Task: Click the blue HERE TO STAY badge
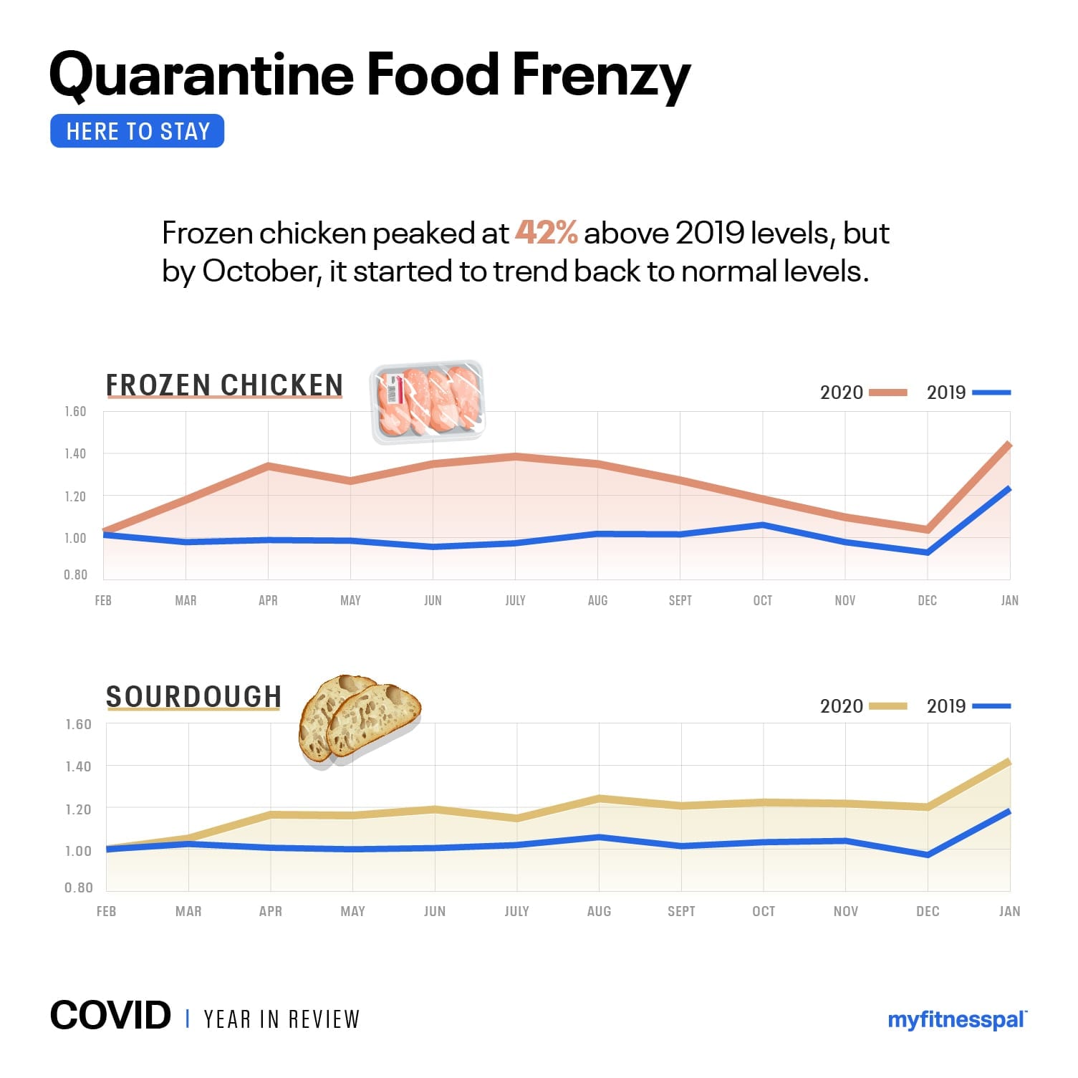pos(137,131)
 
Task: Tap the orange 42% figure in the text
pos(546,233)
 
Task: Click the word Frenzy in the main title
pos(601,76)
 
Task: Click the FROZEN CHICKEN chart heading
pos(224,385)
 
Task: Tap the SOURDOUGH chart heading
pos(193,697)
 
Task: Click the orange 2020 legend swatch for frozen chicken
pos(887,393)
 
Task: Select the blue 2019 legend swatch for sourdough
pos(991,706)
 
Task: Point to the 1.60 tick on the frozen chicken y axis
pos(75,412)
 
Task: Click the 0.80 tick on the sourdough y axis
pos(79,887)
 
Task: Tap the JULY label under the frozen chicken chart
pos(515,600)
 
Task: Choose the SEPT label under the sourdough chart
pos(681,911)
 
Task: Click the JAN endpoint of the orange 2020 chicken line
pos(1009,446)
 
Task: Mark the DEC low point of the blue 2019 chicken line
pos(928,552)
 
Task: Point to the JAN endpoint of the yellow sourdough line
pos(1009,762)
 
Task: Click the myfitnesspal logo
pos(957,1020)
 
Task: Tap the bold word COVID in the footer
pos(110,1016)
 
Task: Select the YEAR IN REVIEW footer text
pos(281,1019)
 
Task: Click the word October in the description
pos(260,272)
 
